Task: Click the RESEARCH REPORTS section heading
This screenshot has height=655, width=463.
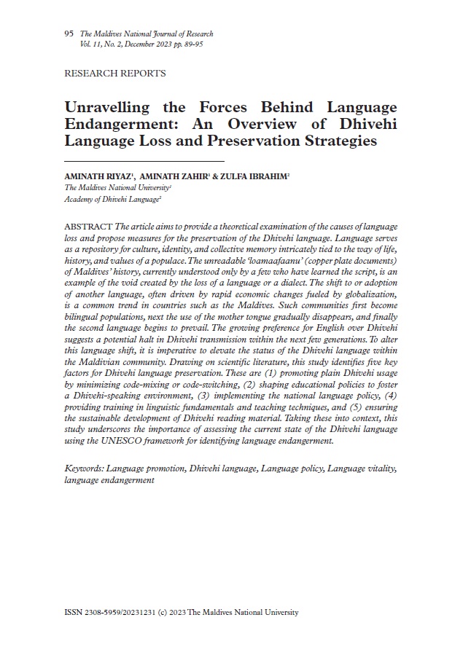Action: point(115,74)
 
